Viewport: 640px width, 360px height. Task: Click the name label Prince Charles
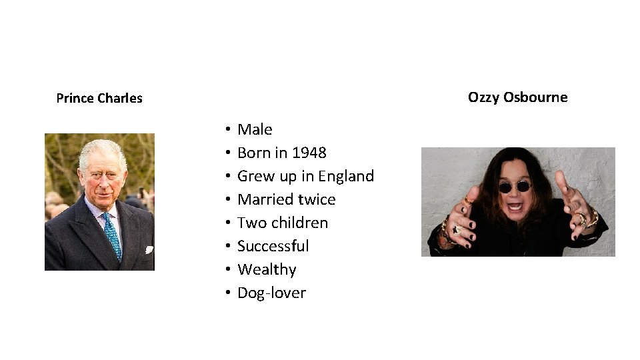[x=99, y=99]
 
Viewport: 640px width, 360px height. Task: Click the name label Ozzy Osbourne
[x=517, y=97]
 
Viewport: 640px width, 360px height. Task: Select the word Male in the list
[x=255, y=129]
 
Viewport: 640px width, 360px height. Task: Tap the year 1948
[x=309, y=153]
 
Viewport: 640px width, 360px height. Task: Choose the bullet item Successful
[x=273, y=246]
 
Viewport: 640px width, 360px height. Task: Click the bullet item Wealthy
[x=267, y=269]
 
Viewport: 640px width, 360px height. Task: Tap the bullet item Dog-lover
[x=271, y=293]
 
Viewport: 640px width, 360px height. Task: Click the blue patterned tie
[x=111, y=235]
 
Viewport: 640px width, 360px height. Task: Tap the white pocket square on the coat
[x=149, y=250]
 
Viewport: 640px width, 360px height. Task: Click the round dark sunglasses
[x=514, y=187]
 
